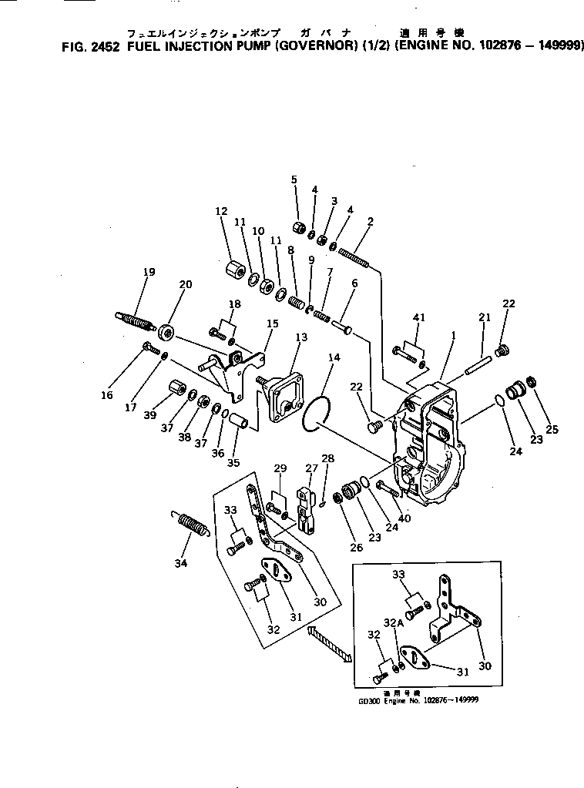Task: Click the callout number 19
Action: [149, 271]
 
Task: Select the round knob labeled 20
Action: [166, 334]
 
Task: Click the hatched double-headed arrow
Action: [329, 644]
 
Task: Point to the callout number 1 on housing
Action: [454, 336]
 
